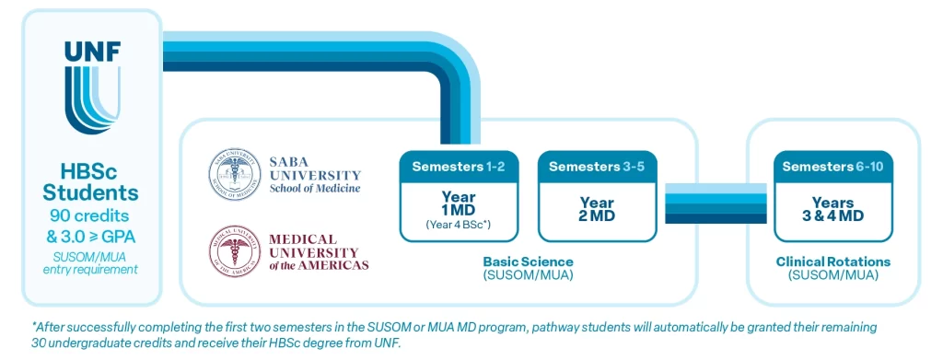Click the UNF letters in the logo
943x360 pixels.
[92, 52]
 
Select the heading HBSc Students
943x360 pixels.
[91, 183]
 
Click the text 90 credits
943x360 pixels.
[91, 215]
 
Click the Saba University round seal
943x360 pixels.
[235, 174]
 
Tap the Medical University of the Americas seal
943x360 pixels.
[235, 251]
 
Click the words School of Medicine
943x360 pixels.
[315, 188]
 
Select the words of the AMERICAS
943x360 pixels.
[318, 265]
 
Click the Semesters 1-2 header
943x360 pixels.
[459, 167]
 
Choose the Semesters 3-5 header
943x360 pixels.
[597, 167]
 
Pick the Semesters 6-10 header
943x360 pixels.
[832, 167]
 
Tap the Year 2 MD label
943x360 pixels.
[597, 209]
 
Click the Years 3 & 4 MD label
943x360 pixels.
[832, 209]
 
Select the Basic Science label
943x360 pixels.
[528, 262]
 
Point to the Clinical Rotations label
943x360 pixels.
[832, 262]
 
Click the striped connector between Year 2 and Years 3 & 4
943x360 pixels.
[716, 203]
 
